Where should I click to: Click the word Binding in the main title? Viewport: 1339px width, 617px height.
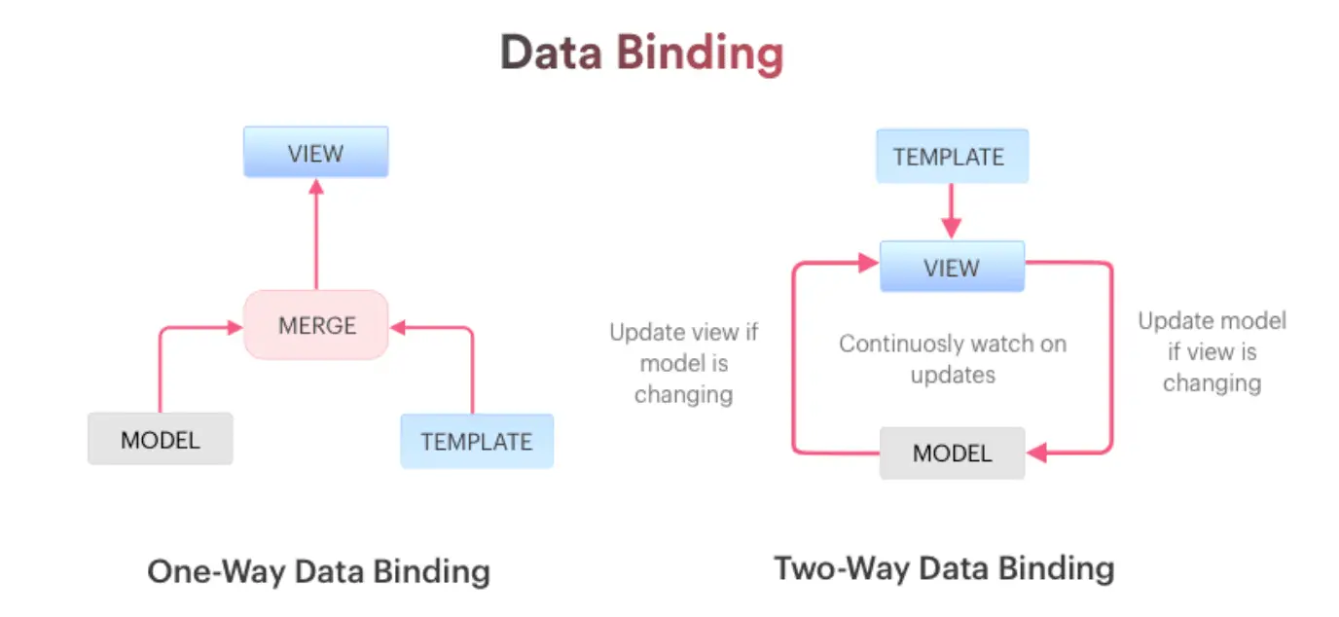(x=699, y=54)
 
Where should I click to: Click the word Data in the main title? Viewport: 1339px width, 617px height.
(x=552, y=54)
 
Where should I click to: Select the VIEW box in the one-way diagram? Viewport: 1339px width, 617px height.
(x=315, y=153)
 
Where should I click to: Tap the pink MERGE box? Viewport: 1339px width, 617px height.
(x=316, y=325)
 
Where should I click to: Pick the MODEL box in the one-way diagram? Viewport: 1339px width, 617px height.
(x=161, y=439)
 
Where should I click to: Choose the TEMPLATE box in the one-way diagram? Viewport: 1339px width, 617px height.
(x=477, y=441)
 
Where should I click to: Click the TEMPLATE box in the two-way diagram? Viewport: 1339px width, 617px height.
(x=951, y=157)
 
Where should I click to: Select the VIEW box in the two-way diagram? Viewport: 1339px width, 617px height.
(x=952, y=268)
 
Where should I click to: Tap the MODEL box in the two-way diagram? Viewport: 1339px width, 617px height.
(x=952, y=454)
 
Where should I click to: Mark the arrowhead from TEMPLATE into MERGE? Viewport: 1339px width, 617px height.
(x=398, y=328)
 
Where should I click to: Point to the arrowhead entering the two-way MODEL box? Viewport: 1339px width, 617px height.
(x=1035, y=453)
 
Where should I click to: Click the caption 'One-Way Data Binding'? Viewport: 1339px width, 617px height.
(x=318, y=571)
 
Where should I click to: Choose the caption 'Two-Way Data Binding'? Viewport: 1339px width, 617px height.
(x=943, y=568)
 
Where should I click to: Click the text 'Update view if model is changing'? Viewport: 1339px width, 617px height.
(x=683, y=363)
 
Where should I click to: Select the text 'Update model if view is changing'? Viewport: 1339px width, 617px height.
(x=1212, y=351)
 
